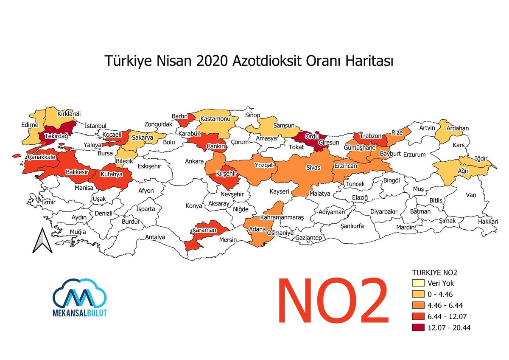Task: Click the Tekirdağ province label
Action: (54, 136)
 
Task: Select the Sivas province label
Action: (313, 168)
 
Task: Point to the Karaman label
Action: (206, 230)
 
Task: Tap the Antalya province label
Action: (155, 237)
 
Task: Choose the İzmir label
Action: (48, 202)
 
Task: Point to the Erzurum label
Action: (414, 155)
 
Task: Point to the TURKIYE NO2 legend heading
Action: (434, 272)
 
